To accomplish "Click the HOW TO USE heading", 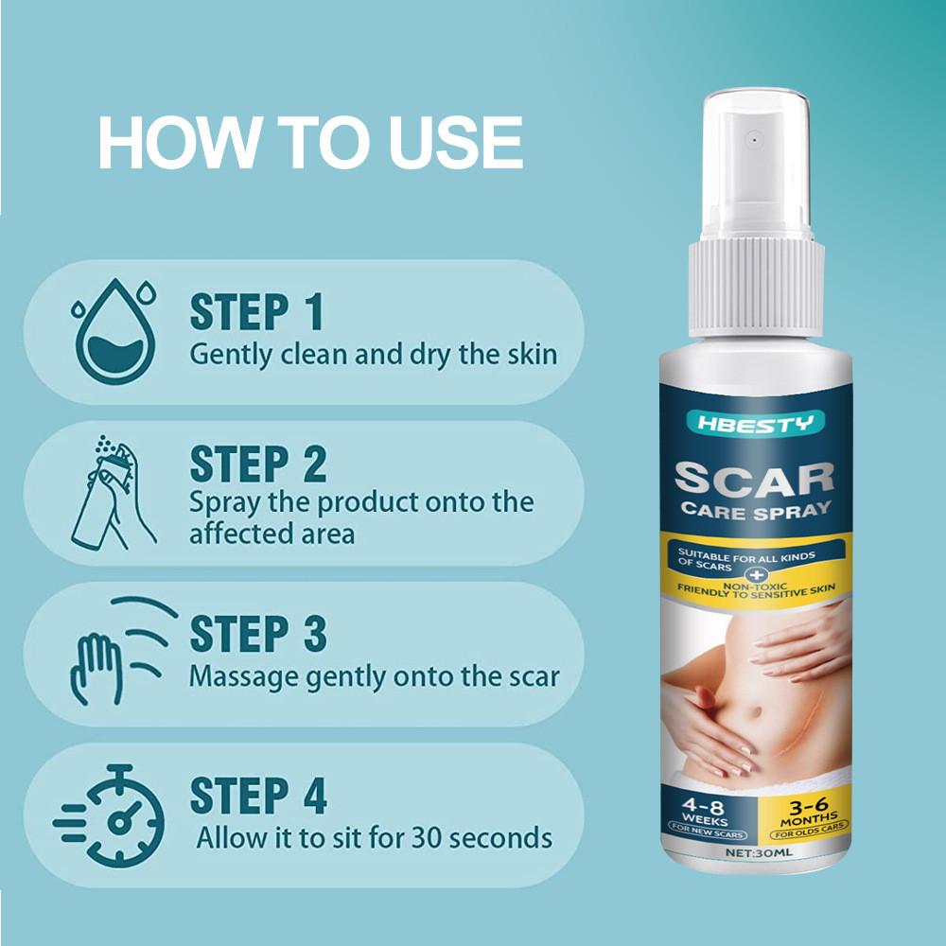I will [310, 143].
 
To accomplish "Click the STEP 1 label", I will [256, 313].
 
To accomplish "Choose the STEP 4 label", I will [257, 797].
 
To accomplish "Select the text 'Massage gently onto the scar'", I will [374, 676].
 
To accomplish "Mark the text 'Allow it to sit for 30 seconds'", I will [374, 838].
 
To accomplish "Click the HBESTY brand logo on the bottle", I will [751, 422].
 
